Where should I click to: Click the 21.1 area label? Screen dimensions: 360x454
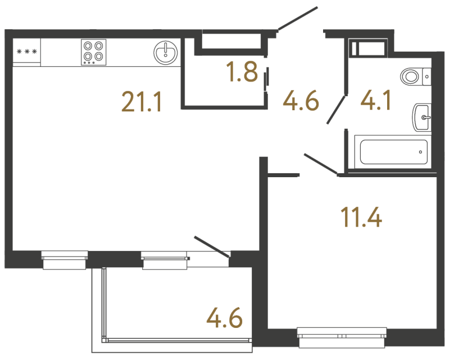(x=142, y=103)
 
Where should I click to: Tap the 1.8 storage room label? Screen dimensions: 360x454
(x=242, y=73)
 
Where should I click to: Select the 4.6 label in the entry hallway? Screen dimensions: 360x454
(x=301, y=103)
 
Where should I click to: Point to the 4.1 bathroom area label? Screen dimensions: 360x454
(x=376, y=102)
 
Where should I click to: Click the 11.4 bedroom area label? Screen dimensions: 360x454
(x=361, y=217)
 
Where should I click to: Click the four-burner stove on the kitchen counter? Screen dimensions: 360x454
(x=93, y=51)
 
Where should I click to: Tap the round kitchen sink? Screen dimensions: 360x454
(x=165, y=52)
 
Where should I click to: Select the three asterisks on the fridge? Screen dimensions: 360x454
(x=27, y=52)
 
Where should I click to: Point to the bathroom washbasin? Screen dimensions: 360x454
(x=422, y=118)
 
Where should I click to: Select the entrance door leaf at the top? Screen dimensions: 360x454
(x=298, y=19)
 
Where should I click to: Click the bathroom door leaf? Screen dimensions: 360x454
(x=337, y=109)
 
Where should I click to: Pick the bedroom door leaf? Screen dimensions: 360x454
(x=321, y=163)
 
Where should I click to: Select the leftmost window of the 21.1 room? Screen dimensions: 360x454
(x=65, y=260)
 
